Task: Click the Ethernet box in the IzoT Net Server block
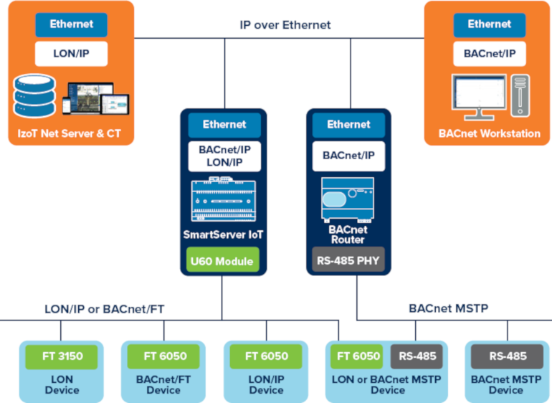[x=71, y=24]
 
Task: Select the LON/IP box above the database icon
[x=71, y=53]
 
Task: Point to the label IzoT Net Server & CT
[x=70, y=133]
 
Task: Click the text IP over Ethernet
[x=285, y=25]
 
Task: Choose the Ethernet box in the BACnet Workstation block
[x=489, y=24]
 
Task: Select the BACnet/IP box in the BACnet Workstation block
[x=489, y=53]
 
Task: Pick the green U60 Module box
[x=224, y=261]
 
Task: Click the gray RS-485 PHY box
[x=349, y=261]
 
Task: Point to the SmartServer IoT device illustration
[x=224, y=201]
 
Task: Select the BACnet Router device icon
[x=348, y=199]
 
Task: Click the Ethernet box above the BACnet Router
[x=348, y=125]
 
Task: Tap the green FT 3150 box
[x=61, y=356]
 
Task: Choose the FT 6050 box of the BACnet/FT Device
[x=163, y=356]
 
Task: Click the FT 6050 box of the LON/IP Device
[x=266, y=356]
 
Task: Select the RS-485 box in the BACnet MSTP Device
[x=507, y=356]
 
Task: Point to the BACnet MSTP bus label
[x=448, y=308]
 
